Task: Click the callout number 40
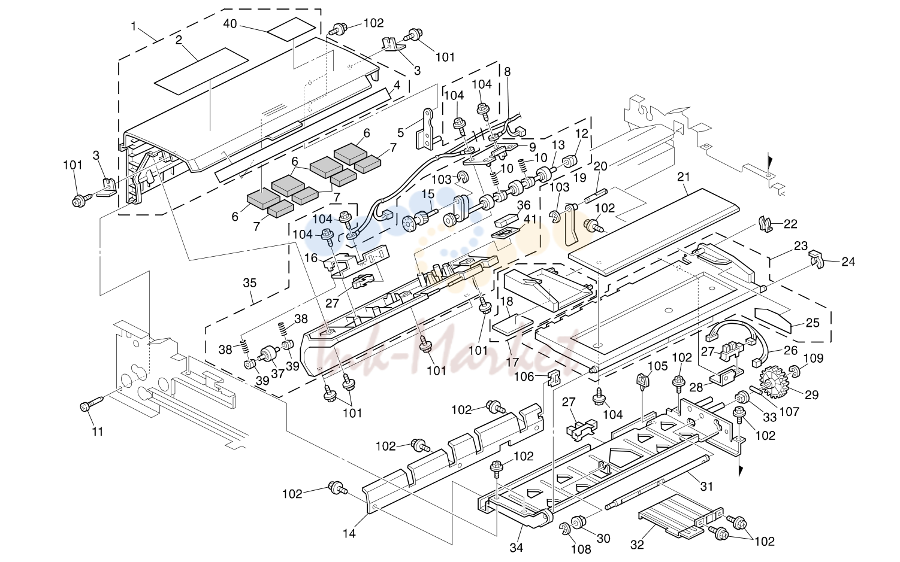click(230, 24)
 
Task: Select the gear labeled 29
click(774, 382)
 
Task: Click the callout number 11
click(97, 432)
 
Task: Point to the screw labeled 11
click(92, 403)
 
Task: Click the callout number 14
click(349, 533)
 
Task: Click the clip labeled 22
click(766, 224)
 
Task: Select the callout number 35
click(249, 283)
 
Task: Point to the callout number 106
click(525, 376)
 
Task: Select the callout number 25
click(813, 323)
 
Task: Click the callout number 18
click(506, 302)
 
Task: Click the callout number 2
click(179, 40)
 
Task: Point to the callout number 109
click(813, 358)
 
